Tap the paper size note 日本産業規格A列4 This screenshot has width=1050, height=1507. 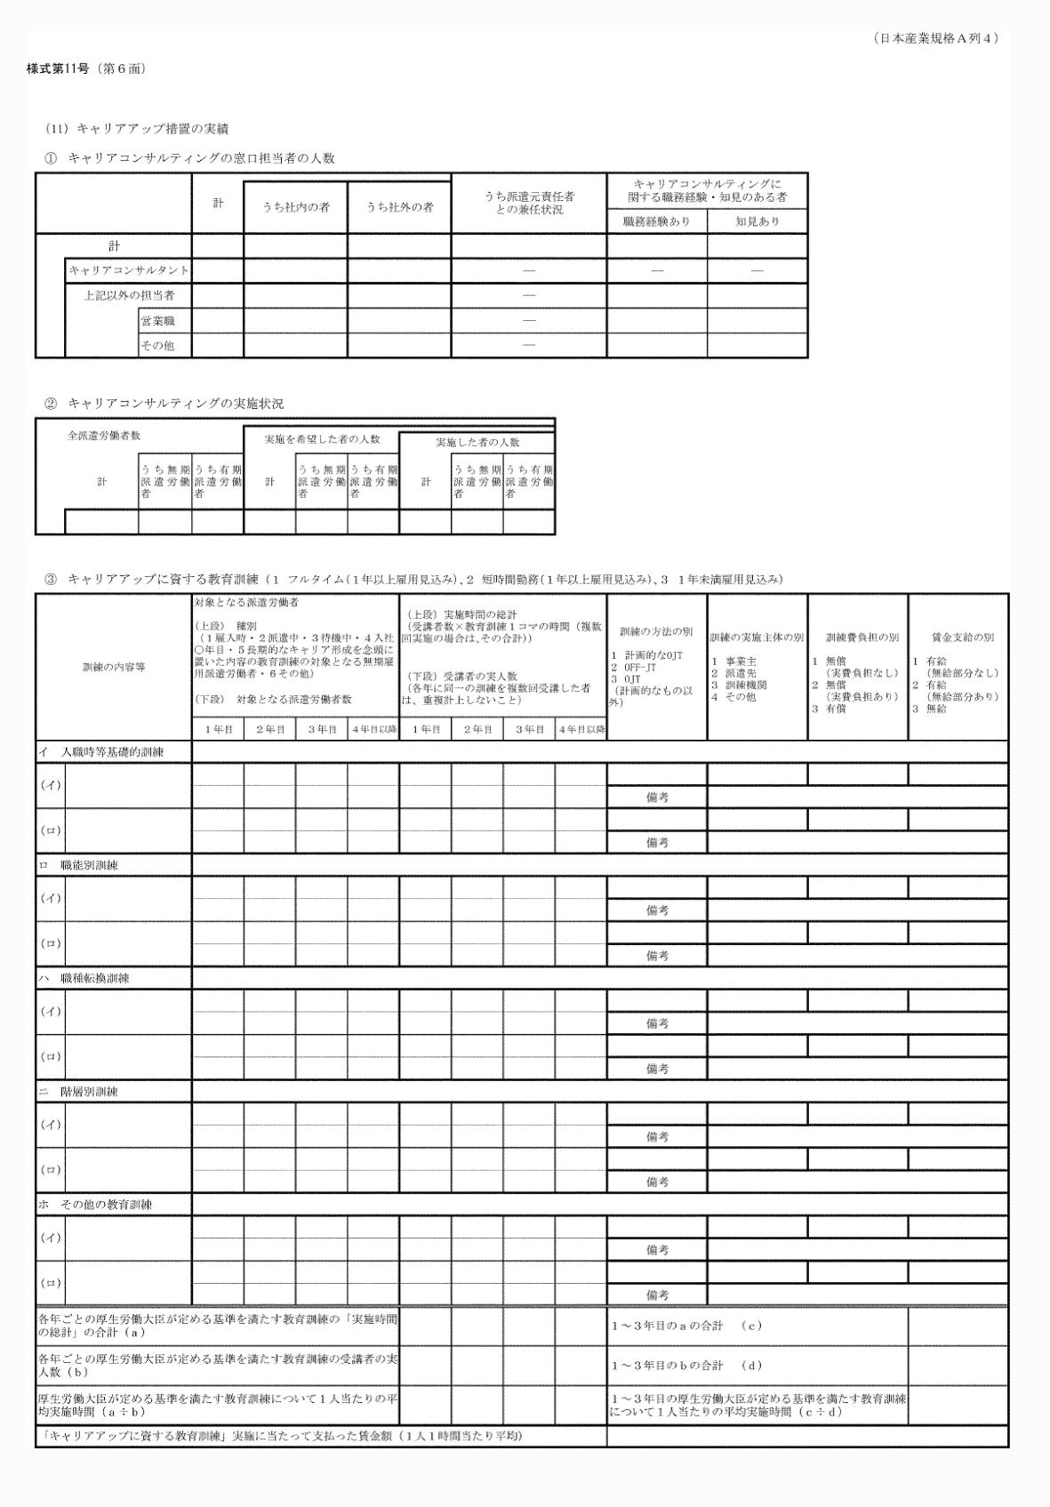[x=937, y=38]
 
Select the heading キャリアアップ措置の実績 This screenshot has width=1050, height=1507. [x=152, y=129]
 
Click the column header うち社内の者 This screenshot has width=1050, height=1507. [x=295, y=207]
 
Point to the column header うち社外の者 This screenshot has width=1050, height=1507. [x=399, y=207]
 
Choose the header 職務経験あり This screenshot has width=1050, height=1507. [x=656, y=221]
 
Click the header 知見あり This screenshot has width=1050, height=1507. [x=757, y=221]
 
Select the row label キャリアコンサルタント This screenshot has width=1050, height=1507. [x=129, y=270]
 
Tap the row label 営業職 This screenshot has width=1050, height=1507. [x=157, y=320]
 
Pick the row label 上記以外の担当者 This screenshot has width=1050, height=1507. [x=129, y=295]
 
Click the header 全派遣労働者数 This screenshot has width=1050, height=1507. [x=104, y=437]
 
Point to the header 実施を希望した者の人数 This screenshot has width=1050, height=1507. [x=322, y=439]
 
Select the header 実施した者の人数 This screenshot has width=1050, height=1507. [x=477, y=442]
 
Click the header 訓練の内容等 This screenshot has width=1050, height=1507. [x=114, y=667]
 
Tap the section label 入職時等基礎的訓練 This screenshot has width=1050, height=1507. [x=113, y=752]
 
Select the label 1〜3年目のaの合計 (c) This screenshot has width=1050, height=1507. [x=686, y=1326]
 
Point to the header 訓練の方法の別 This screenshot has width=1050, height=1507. [x=656, y=632]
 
